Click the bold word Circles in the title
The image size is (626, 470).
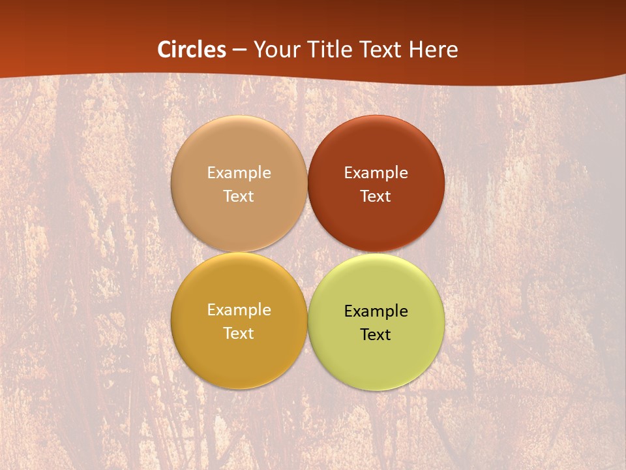192,50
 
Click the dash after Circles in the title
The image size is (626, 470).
239,50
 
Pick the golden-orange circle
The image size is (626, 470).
239,359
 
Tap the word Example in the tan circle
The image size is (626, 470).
239,172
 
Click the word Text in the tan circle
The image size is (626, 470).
239,196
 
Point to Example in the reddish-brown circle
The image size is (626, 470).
376,172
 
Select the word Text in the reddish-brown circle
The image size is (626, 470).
376,196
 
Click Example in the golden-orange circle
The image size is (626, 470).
239,309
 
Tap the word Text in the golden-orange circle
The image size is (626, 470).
239,333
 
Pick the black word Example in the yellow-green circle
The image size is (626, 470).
376,311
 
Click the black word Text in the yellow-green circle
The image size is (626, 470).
376,334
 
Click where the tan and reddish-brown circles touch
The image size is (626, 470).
308,184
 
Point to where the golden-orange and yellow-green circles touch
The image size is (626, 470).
308,321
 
